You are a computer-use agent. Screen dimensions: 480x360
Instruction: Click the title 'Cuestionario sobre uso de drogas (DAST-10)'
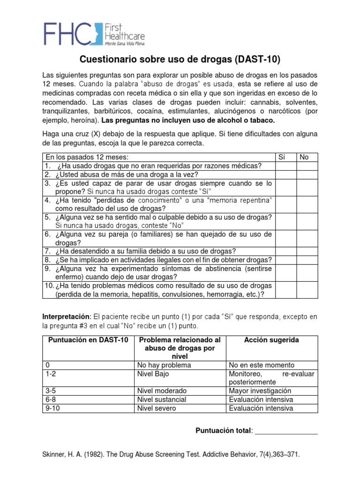(180, 60)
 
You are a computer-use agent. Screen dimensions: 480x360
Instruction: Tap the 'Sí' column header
(282, 157)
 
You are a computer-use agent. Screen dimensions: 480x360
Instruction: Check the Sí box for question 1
(285, 166)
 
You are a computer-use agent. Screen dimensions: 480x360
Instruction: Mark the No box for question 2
(307, 174)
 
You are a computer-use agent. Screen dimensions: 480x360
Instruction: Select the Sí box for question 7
(285, 251)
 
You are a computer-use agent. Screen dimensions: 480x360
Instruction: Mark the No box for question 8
(307, 260)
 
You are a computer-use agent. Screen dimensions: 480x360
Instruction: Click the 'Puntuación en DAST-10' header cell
(88, 340)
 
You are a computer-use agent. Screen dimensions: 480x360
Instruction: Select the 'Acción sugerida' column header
(271, 340)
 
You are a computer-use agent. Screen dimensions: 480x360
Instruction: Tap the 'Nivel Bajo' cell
(153, 374)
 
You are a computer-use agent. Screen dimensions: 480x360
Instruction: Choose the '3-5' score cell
(51, 390)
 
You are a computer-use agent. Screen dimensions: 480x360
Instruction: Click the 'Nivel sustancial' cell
(161, 399)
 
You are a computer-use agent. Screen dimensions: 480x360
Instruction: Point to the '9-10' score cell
(52, 408)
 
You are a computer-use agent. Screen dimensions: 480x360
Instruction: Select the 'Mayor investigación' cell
(260, 390)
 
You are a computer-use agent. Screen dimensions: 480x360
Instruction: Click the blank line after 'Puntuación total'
(286, 431)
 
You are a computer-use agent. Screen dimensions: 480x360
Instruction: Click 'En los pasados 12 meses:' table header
(86, 157)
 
